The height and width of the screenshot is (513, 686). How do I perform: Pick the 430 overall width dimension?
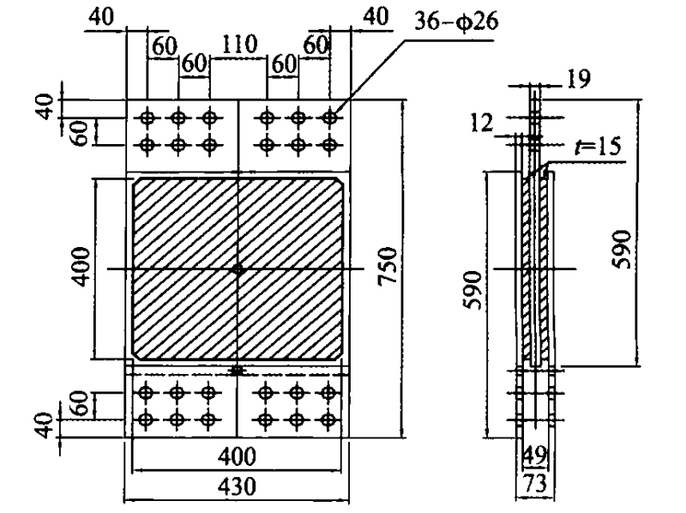click(x=237, y=487)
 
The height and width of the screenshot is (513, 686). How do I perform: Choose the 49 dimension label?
click(x=534, y=454)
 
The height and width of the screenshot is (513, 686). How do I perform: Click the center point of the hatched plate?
click(x=238, y=269)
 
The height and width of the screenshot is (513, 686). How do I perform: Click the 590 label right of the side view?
click(x=623, y=249)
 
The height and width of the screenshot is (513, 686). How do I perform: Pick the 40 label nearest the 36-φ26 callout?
click(x=375, y=16)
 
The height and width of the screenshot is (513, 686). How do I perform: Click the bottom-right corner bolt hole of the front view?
click(x=327, y=420)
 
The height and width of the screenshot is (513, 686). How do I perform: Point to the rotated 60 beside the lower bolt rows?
click(x=76, y=403)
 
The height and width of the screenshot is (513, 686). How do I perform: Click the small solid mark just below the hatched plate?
click(x=238, y=371)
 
